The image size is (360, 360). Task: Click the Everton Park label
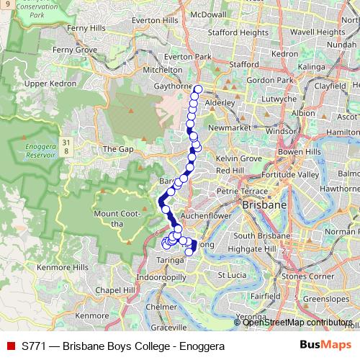[x=187, y=56]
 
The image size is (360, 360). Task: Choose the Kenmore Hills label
[x=65, y=267]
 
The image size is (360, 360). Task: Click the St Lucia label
[x=233, y=275]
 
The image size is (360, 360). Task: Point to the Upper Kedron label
[x=50, y=84]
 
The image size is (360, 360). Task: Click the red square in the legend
[x=10, y=346]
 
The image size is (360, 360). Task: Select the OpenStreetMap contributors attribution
[x=297, y=323]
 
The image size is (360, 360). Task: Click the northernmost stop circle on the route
[x=197, y=90]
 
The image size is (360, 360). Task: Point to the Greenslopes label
[x=326, y=297]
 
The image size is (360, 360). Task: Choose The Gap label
[x=118, y=149]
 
